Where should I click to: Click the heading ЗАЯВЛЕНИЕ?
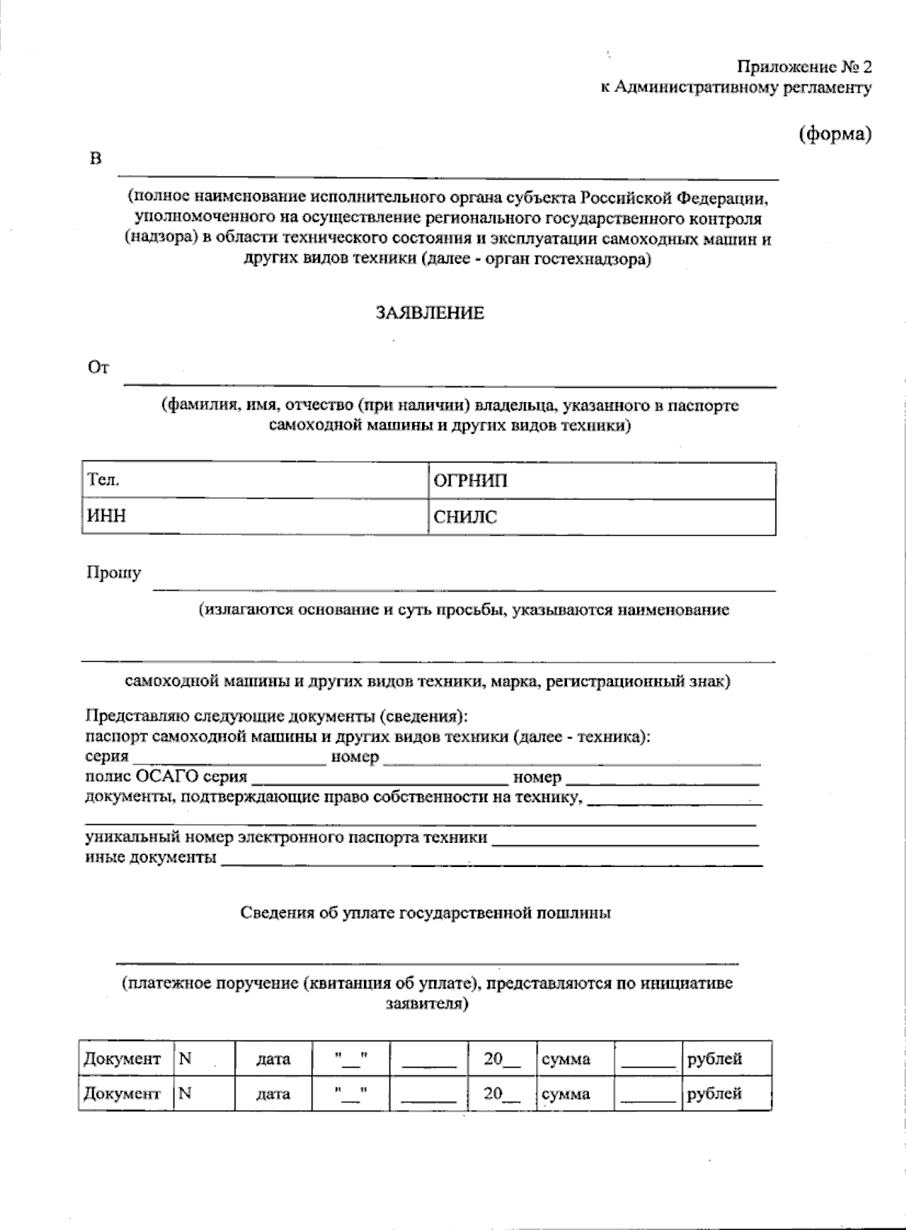click(x=430, y=313)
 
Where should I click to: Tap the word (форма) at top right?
click(x=835, y=134)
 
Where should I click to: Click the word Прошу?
click(x=113, y=573)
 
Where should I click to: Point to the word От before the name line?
click(x=99, y=368)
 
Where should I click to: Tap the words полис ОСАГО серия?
click(x=166, y=777)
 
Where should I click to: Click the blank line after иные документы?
click(x=491, y=861)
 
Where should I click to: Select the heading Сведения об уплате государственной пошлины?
click(x=426, y=913)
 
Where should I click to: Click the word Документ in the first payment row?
click(x=122, y=1059)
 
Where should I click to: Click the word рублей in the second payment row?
click(x=714, y=1093)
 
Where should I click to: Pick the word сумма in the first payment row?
click(x=566, y=1059)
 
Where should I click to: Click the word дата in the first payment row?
click(x=273, y=1059)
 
